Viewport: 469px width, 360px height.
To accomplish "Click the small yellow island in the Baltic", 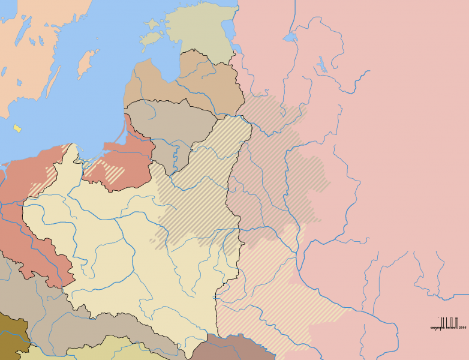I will click(x=17, y=128).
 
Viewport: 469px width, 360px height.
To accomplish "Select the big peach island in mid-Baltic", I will click(x=88, y=63).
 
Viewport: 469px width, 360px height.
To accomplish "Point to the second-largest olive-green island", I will click(x=152, y=25).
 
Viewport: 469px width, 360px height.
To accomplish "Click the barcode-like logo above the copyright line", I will click(x=449, y=322).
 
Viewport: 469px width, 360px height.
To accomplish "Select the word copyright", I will click(x=437, y=328).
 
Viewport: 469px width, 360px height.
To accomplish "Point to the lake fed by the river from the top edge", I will click(x=290, y=37).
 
